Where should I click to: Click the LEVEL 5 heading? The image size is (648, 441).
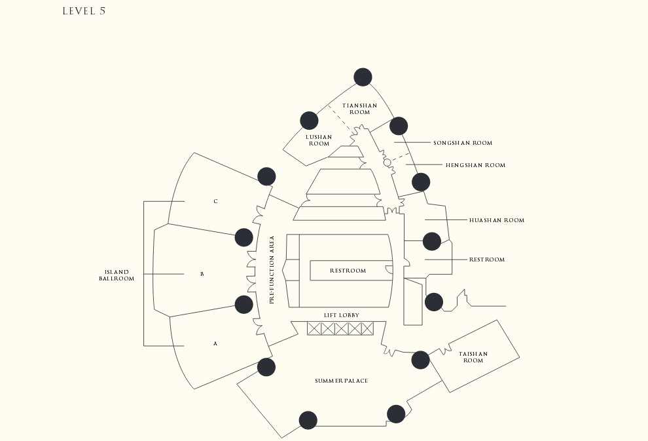point(84,11)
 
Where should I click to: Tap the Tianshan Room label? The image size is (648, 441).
point(359,109)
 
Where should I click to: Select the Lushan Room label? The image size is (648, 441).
point(319,140)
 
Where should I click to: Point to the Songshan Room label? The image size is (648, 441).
point(463,143)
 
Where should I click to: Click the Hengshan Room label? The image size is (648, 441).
point(476,165)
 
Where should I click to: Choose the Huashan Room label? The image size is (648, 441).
point(497,220)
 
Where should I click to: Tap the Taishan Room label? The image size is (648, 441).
point(473,357)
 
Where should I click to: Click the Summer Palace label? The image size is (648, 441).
point(342,381)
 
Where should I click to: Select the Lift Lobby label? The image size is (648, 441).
point(342,315)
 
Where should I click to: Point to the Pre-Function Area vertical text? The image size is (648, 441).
point(272,270)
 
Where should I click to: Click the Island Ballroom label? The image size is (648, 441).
point(117,275)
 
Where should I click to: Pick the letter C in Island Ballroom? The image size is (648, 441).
point(215,201)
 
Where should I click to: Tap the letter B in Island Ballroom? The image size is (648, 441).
point(202,274)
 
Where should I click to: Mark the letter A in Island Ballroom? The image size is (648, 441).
point(215,344)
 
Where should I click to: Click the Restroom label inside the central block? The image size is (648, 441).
point(348,271)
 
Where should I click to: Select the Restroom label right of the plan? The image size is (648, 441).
point(487,259)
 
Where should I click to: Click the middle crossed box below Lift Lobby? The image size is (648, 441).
point(341,329)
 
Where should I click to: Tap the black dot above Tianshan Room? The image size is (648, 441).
point(363,77)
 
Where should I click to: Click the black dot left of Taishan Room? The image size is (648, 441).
point(420,360)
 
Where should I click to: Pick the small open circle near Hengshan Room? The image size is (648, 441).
point(387,163)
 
